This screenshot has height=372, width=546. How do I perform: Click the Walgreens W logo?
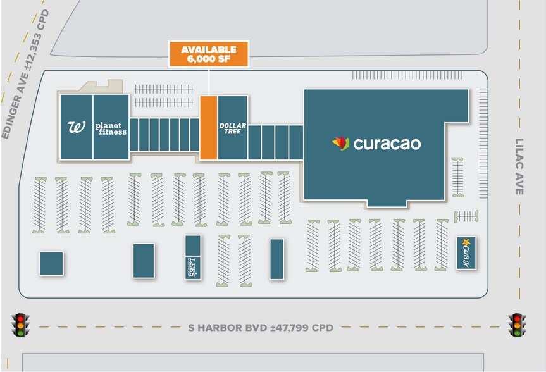[76, 127]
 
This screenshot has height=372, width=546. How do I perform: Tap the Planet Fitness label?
[111, 128]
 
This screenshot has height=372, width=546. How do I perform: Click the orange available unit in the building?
[209, 127]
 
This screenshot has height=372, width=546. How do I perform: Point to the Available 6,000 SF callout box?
[208, 54]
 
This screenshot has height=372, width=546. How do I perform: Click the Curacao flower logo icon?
[341, 144]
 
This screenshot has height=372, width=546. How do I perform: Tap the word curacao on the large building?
[387, 144]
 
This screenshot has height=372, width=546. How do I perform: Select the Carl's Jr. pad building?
[466, 252]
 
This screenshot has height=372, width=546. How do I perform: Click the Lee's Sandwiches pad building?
[193, 256]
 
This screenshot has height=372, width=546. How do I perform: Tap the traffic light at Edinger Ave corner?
[22, 325]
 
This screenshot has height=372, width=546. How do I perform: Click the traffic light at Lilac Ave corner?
[518, 325]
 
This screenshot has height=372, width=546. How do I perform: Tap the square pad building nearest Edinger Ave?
[51, 263]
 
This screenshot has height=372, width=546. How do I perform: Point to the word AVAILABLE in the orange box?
[208, 49]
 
